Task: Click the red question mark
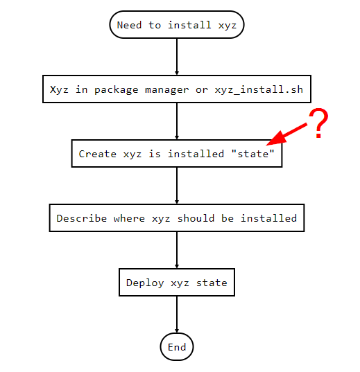point(318,123)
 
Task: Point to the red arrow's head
point(276,139)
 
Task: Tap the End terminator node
point(177,347)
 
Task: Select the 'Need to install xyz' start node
point(177,24)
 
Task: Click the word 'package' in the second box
point(117,90)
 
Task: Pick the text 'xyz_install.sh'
point(259,90)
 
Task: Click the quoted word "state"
point(252,154)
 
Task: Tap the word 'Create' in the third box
point(97,154)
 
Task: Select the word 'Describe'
point(82,218)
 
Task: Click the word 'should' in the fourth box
point(196,218)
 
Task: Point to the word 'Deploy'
point(145,283)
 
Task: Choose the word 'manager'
point(166,90)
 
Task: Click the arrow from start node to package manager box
point(177,57)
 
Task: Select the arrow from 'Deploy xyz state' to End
point(177,315)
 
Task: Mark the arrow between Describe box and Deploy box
point(177,250)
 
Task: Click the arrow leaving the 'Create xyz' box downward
point(177,186)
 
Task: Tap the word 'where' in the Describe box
point(129,218)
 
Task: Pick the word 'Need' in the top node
point(129,25)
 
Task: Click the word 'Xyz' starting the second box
point(59,89)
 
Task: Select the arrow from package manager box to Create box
point(177,121)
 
